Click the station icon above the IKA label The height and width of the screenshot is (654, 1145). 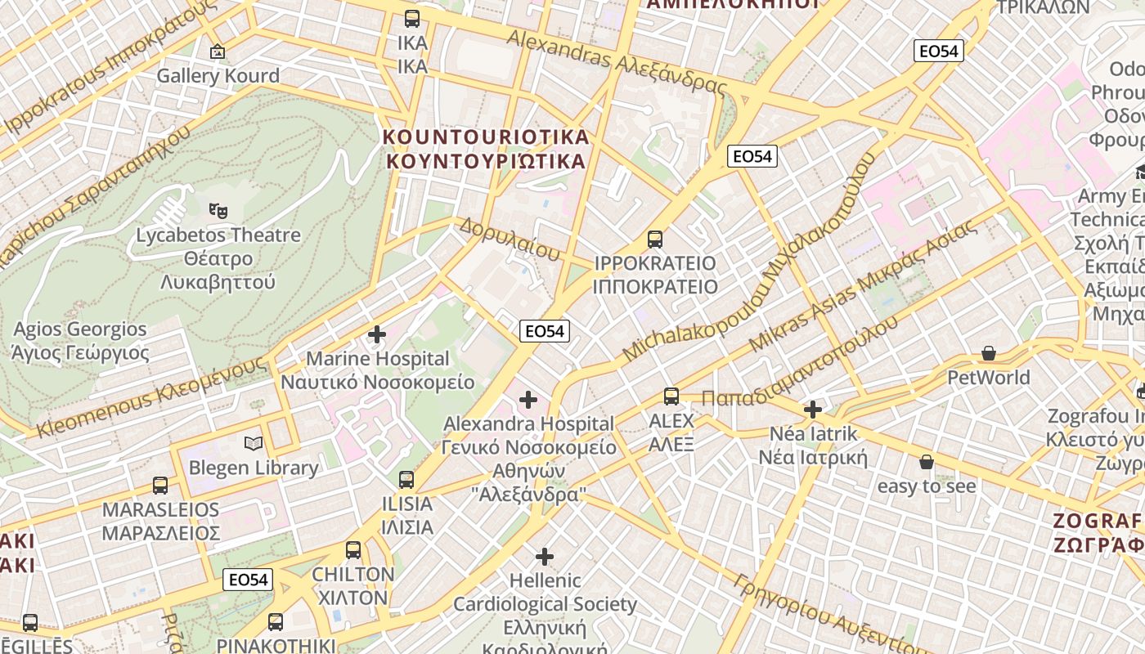(x=412, y=18)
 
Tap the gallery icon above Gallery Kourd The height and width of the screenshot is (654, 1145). (x=218, y=52)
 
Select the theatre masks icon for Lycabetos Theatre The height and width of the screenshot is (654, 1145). (x=218, y=211)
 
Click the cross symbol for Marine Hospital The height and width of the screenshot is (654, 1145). (x=377, y=334)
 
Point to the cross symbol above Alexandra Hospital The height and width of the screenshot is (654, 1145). (x=528, y=400)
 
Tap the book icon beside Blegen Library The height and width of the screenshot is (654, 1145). (x=254, y=444)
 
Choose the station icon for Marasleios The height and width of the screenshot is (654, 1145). (x=160, y=486)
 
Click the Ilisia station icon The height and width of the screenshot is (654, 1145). (x=406, y=480)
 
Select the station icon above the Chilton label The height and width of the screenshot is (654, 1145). (x=353, y=550)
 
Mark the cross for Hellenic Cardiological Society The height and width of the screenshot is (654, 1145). (x=545, y=557)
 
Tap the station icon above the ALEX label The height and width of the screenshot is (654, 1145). (x=671, y=396)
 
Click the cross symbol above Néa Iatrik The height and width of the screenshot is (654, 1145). (x=813, y=410)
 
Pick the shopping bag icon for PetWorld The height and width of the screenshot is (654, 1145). (x=989, y=354)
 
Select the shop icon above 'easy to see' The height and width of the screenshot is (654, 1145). (x=927, y=463)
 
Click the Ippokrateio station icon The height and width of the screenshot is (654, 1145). (x=655, y=240)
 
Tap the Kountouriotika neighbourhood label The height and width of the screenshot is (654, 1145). (x=486, y=148)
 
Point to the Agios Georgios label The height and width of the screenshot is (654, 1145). (x=80, y=341)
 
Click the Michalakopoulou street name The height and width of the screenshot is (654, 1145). (x=748, y=258)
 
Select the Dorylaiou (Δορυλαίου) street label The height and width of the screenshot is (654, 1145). (x=510, y=239)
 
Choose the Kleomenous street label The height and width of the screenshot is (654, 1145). (x=152, y=397)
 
